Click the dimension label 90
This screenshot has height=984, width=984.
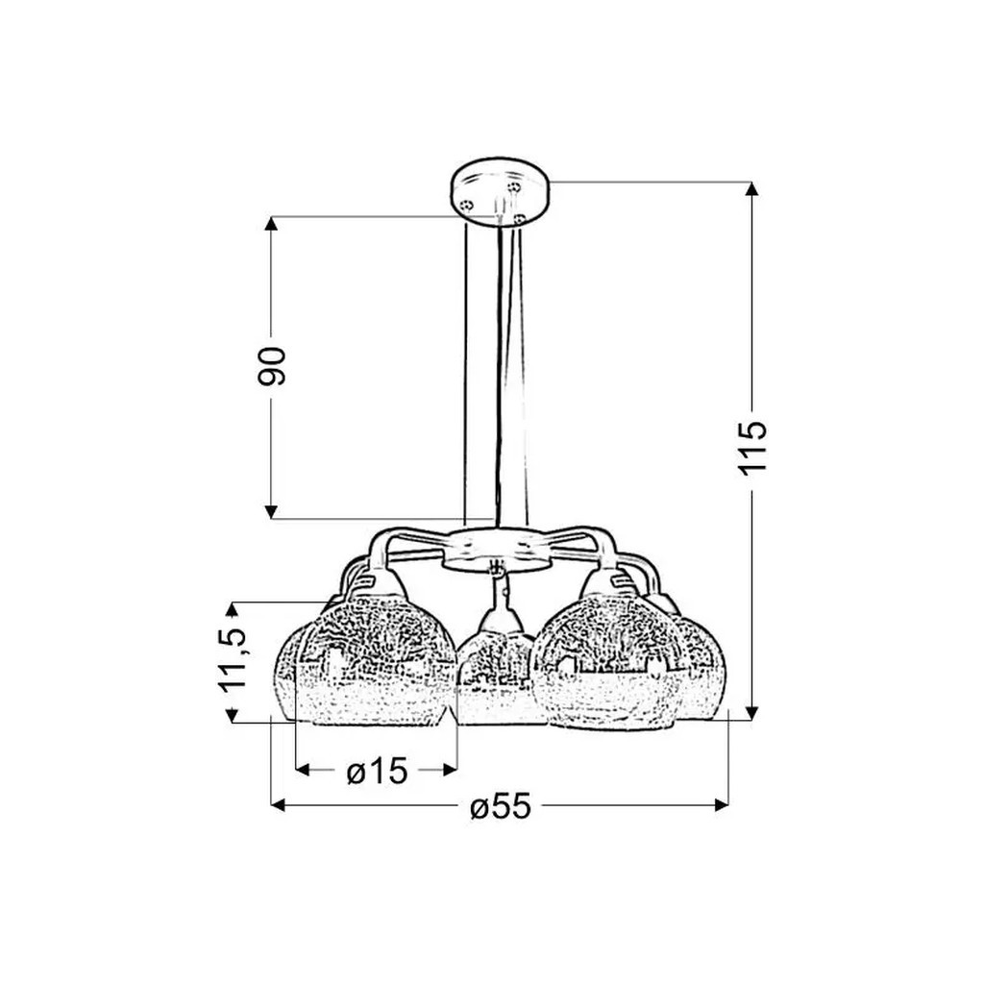[x=271, y=365]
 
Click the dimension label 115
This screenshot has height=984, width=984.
[x=752, y=448]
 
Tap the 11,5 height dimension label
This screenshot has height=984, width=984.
[x=233, y=659]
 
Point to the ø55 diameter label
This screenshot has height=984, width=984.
[x=501, y=806]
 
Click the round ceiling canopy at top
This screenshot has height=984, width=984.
[x=500, y=191]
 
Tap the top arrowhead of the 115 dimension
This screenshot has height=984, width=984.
[x=751, y=189]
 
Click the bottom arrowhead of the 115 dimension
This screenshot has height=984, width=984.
[x=751, y=713]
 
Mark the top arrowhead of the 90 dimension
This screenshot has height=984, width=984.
[x=271, y=224]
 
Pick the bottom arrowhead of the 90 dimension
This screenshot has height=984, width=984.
[x=271, y=511]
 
